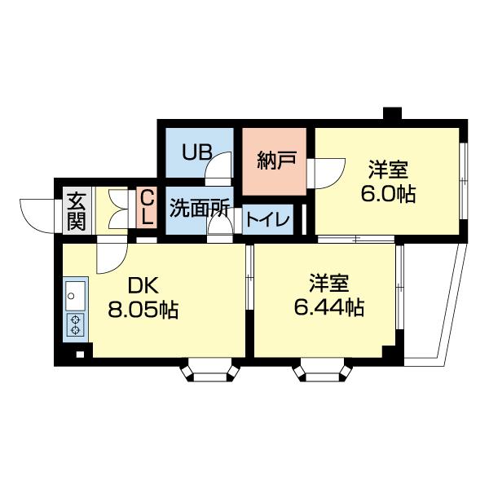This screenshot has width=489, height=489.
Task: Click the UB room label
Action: (x=197, y=152)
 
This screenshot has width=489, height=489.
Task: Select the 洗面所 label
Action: (x=200, y=208)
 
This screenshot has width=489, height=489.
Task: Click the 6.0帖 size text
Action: (x=389, y=196)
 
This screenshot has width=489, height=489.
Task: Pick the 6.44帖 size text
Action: (x=328, y=308)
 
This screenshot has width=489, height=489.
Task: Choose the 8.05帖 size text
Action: (x=143, y=310)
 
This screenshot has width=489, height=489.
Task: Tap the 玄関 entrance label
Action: (x=76, y=210)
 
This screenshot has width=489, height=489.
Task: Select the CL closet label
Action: (x=147, y=209)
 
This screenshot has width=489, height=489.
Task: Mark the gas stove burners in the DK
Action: (x=75, y=324)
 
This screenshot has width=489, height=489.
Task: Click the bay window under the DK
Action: (x=210, y=372)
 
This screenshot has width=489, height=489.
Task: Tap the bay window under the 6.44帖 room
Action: (x=324, y=372)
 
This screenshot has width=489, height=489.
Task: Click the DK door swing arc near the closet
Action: (x=108, y=259)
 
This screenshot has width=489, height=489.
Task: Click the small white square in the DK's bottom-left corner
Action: (x=79, y=354)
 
